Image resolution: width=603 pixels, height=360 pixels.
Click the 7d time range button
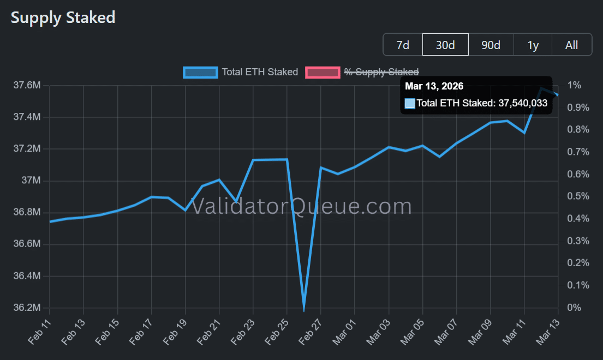pyautogui.click(x=403, y=45)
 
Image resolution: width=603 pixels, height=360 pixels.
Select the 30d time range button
pyautogui.click(x=445, y=45)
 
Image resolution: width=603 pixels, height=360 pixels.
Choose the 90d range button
pyautogui.click(x=491, y=45)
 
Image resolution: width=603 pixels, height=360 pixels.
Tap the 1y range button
pyautogui.click(x=533, y=45)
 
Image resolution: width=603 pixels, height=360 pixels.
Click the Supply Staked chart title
pyautogui.click(x=63, y=17)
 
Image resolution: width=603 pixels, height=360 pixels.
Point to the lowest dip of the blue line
pyautogui.click(x=303, y=309)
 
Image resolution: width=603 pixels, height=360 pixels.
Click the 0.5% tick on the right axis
pyautogui.click(x=577, y=196)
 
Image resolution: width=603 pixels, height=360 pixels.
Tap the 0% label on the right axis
pyautogui.click(x=575, y=308)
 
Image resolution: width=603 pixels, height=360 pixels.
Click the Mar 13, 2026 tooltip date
pyautogui.click(x=434, y=86)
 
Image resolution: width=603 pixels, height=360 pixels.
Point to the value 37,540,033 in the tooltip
pyautogui.click(x=522, y=103)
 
